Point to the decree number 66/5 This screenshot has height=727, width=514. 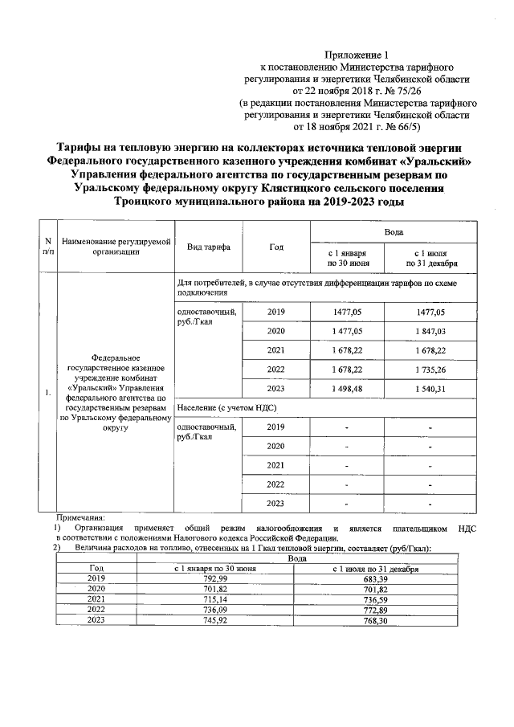point(402,127)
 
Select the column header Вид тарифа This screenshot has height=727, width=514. point(208,247)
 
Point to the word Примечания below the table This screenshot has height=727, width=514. point(85,517)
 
